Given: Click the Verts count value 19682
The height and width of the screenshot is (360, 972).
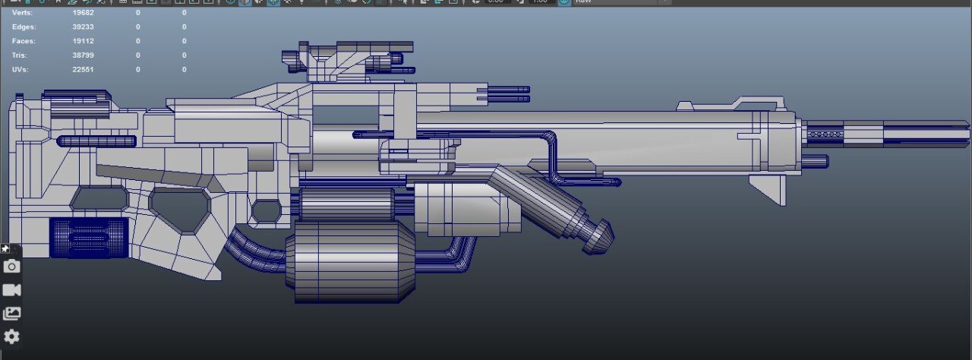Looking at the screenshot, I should [83, 13].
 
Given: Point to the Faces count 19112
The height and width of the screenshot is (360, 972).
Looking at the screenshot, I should [83, 41].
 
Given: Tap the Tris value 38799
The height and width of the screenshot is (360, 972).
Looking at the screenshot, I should [83, 55].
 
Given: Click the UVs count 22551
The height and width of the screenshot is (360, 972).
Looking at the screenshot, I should [83, 70].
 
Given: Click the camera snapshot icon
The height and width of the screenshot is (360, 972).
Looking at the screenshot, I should [11, 267].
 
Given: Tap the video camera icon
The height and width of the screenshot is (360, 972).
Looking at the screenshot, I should [11, 290].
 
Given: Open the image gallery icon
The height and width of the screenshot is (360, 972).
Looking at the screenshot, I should [11, 314].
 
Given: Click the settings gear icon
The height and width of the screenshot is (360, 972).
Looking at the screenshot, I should [11, 336].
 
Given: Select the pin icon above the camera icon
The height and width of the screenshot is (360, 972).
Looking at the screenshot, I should [5, 249].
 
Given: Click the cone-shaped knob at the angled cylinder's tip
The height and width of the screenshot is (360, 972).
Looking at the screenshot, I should [601, 235].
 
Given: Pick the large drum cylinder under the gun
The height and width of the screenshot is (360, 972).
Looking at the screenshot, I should [351, 262].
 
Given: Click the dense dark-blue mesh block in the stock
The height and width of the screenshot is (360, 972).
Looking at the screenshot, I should [89, 238].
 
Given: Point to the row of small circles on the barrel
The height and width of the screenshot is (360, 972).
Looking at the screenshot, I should [825, 134].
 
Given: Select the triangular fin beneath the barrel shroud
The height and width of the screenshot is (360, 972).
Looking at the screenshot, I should [768, 188].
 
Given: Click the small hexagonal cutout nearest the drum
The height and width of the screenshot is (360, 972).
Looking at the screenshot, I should [266, 211].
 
